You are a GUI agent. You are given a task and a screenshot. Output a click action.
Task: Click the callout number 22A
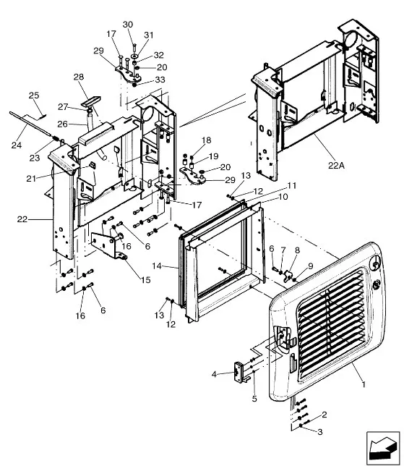[336, 165]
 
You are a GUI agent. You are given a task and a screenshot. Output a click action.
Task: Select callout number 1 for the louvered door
[364, 384]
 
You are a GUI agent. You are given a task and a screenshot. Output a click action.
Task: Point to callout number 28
[79, 77]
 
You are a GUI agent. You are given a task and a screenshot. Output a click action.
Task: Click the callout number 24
[17, 145]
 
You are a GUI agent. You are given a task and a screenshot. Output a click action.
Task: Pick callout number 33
[160, 80]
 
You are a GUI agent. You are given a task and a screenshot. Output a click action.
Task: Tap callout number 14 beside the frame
[157, 266]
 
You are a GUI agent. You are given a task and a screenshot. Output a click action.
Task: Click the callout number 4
[215, 374]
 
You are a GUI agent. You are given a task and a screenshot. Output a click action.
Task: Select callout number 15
[146, 280]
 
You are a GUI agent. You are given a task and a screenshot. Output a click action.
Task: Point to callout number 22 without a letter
[22, 219]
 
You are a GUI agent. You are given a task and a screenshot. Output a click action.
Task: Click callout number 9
[311, 266]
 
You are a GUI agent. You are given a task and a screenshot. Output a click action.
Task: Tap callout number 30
[128, 25]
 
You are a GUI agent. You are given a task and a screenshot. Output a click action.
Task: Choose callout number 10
[283, 196]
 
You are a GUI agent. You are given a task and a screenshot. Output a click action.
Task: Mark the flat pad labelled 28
[90, 101]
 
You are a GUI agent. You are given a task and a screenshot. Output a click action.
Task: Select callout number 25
[34, 96]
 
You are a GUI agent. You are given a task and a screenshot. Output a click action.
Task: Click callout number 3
[319, 431]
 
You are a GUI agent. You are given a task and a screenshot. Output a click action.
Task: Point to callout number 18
[206, 140]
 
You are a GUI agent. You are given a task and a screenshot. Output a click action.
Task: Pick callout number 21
[31, 178]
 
